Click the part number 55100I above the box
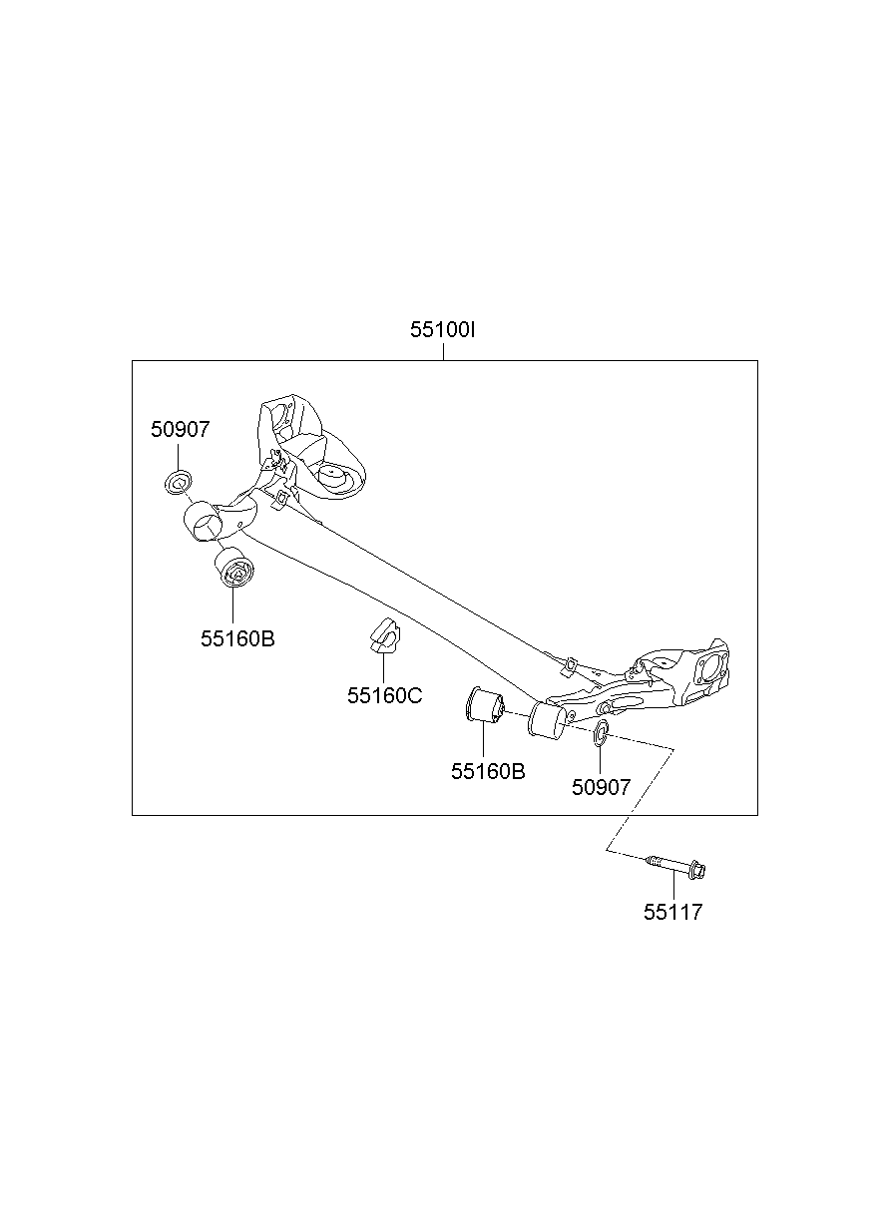(x=442, y=330)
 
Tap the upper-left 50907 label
(x=181, y=430)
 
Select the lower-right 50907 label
(x=601, y=787)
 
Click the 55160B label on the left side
(x=237, y=638)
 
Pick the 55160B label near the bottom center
(x=488, y=771)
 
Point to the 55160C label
(x=384, y=695)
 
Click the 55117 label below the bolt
(x=672, y=912)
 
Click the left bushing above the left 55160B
(x=235, y=569)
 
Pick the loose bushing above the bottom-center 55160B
(x=484, y=705)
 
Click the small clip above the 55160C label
(x=382, y=636)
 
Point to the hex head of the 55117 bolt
(x=697, y=871)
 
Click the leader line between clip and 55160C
(x=383, y=668)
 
